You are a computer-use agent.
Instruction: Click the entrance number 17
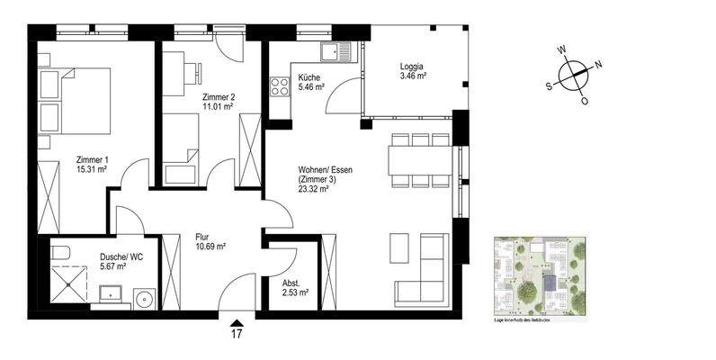click(237, 336)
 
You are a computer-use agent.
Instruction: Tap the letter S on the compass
click(549, 87)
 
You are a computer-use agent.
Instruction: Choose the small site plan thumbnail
click(541, 278)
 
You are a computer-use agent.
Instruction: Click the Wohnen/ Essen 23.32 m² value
click(316, 189)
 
